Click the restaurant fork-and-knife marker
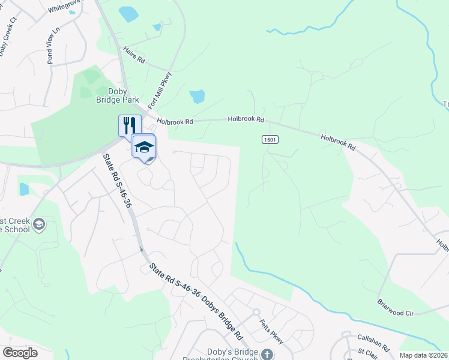click(130, 125)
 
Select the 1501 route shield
click(270, 139)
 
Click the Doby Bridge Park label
click(123, 95)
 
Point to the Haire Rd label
click(134, 56)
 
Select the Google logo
click(20, 353)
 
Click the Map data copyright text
click(424, 355)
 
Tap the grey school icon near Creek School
click(39, 225)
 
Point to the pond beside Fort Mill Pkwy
click(197, 96)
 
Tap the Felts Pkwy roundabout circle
click(256, 312)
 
